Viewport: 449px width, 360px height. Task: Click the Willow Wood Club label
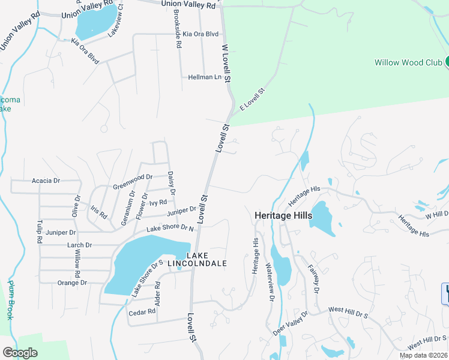click(408, 62)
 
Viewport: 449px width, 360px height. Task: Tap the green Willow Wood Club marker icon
click(447, 62)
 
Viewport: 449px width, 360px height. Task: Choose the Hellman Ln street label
click(205, 77)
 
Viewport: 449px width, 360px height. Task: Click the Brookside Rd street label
click(177, 28)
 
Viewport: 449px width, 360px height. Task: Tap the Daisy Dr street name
click(171, 183)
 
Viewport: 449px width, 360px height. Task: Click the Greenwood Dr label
click(133, 182)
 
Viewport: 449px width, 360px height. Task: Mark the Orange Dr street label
click(73, 283)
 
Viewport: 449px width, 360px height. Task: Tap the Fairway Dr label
click(313, 279)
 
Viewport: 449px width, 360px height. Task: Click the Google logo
click(20, 353)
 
